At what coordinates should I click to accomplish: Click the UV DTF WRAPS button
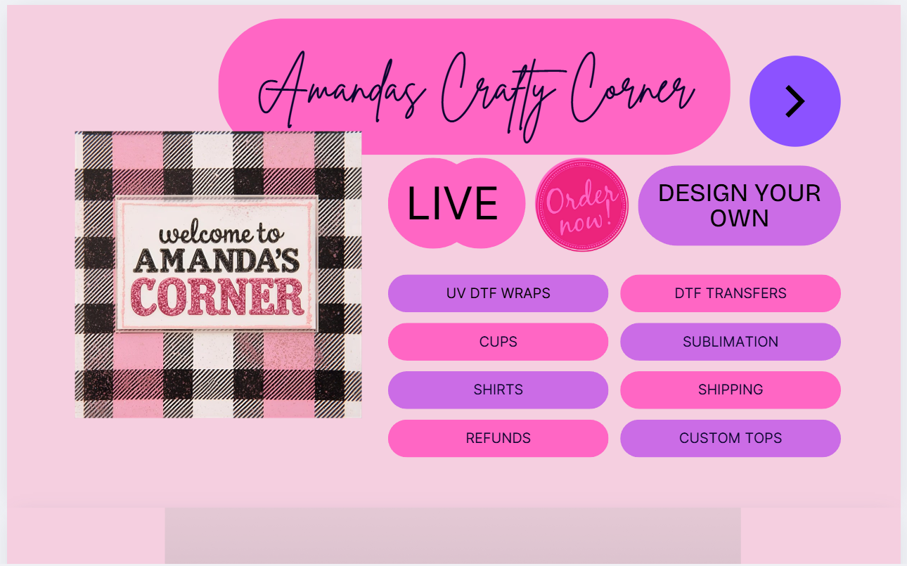click(x=498, y=293)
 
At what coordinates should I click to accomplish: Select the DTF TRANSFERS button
click(x=731, y=293)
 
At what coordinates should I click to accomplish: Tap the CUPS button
click(x=498, y=342)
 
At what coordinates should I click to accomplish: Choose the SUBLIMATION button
click(x=731, y=342)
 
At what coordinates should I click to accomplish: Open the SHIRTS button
click(x=498, y=390)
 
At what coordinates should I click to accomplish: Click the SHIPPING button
click(x=731, y=390)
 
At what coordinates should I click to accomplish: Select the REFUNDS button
click(x=498, y=439)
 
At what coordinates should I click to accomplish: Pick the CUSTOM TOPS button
click(x=731, y=439)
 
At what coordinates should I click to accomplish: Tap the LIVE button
click(x=456, y=202)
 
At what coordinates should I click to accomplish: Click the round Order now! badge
click(x=582, y=205)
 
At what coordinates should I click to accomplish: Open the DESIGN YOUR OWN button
click(x=740, y=205)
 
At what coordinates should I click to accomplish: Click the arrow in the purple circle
click(x=795, y=101)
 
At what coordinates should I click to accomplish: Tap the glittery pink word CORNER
click(x=217, y=297)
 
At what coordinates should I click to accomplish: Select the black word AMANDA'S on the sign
click(x=217, y=260)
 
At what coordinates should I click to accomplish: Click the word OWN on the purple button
click(x=740, y=218)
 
